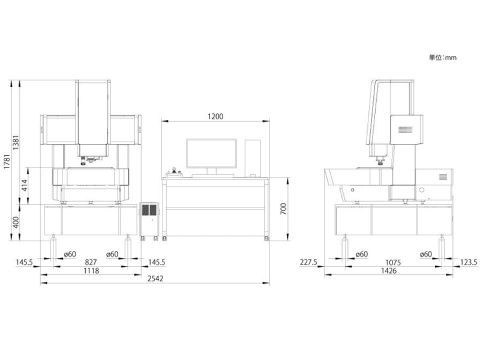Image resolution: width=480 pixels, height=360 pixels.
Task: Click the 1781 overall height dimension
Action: coord(7,161)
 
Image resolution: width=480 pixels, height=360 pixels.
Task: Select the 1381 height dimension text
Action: coord(16,142)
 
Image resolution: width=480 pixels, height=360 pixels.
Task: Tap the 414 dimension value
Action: coord(25,185)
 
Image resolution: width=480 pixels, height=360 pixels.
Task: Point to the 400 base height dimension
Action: coord(16,222)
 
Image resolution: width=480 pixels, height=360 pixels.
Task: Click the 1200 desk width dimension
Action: coord(215,116)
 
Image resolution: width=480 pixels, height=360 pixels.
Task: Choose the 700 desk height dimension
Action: coord(283,209)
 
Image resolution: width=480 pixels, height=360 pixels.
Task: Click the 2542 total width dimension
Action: coord(155,278)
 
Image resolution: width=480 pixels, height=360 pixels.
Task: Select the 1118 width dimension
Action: coord(91,271)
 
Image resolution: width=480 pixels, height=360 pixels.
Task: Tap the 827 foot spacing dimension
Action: coord(91,262)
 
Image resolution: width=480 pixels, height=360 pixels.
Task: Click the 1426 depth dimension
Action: coord(389,271)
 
